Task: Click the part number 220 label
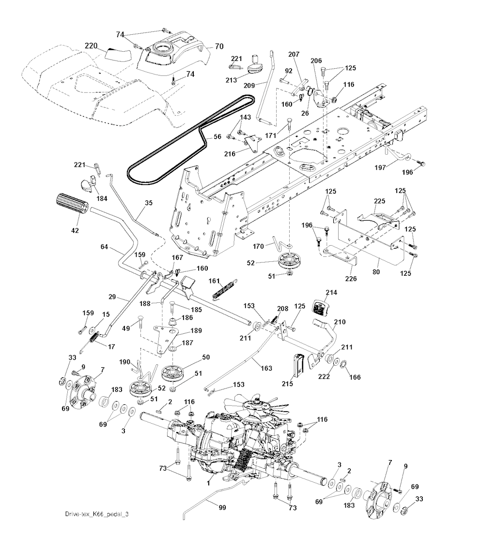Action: tap(92, 46)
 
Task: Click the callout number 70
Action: tap(219, 47)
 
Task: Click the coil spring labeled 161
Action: tap(224, 289)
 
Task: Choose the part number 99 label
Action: tap(222, 507)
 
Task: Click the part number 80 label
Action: tap(377, 272)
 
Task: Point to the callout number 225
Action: tap(379, 200)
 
